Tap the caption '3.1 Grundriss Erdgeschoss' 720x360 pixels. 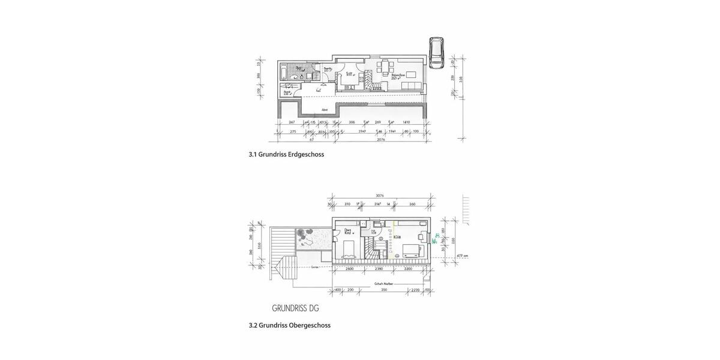pos(286,154)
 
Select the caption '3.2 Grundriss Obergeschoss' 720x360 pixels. pos(289,325)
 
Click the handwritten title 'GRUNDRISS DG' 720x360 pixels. pos(295,308)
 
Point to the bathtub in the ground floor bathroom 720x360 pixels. pos(285,74)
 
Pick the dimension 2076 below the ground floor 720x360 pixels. pos(380,139)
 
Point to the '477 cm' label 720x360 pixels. pos(462,256)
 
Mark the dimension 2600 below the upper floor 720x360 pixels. pos(350,269)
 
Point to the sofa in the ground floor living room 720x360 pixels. pos(411,88)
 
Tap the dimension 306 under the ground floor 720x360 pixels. pos(352,122)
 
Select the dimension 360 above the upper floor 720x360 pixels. pos(412,204)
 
